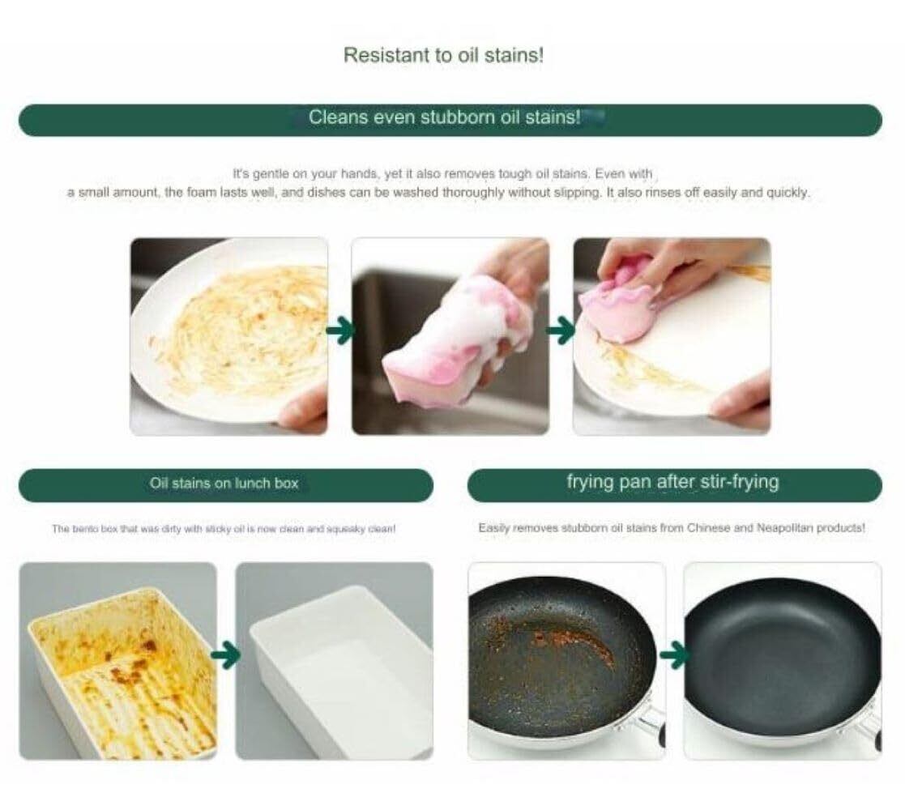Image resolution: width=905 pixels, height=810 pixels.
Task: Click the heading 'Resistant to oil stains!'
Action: (443, 55)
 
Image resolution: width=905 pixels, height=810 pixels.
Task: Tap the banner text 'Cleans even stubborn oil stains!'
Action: (445, 117)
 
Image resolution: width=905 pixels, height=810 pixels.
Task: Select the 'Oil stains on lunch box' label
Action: (224, 484)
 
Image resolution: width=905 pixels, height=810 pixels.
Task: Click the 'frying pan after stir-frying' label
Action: (672, 482)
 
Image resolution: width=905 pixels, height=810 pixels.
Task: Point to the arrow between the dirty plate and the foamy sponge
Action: (340, 330)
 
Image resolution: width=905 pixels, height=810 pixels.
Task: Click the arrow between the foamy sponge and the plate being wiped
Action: (561, 330)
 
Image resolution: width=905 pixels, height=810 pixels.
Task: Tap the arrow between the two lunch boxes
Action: (226, 654)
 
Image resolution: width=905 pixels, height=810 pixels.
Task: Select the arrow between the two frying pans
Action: (674, 654)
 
